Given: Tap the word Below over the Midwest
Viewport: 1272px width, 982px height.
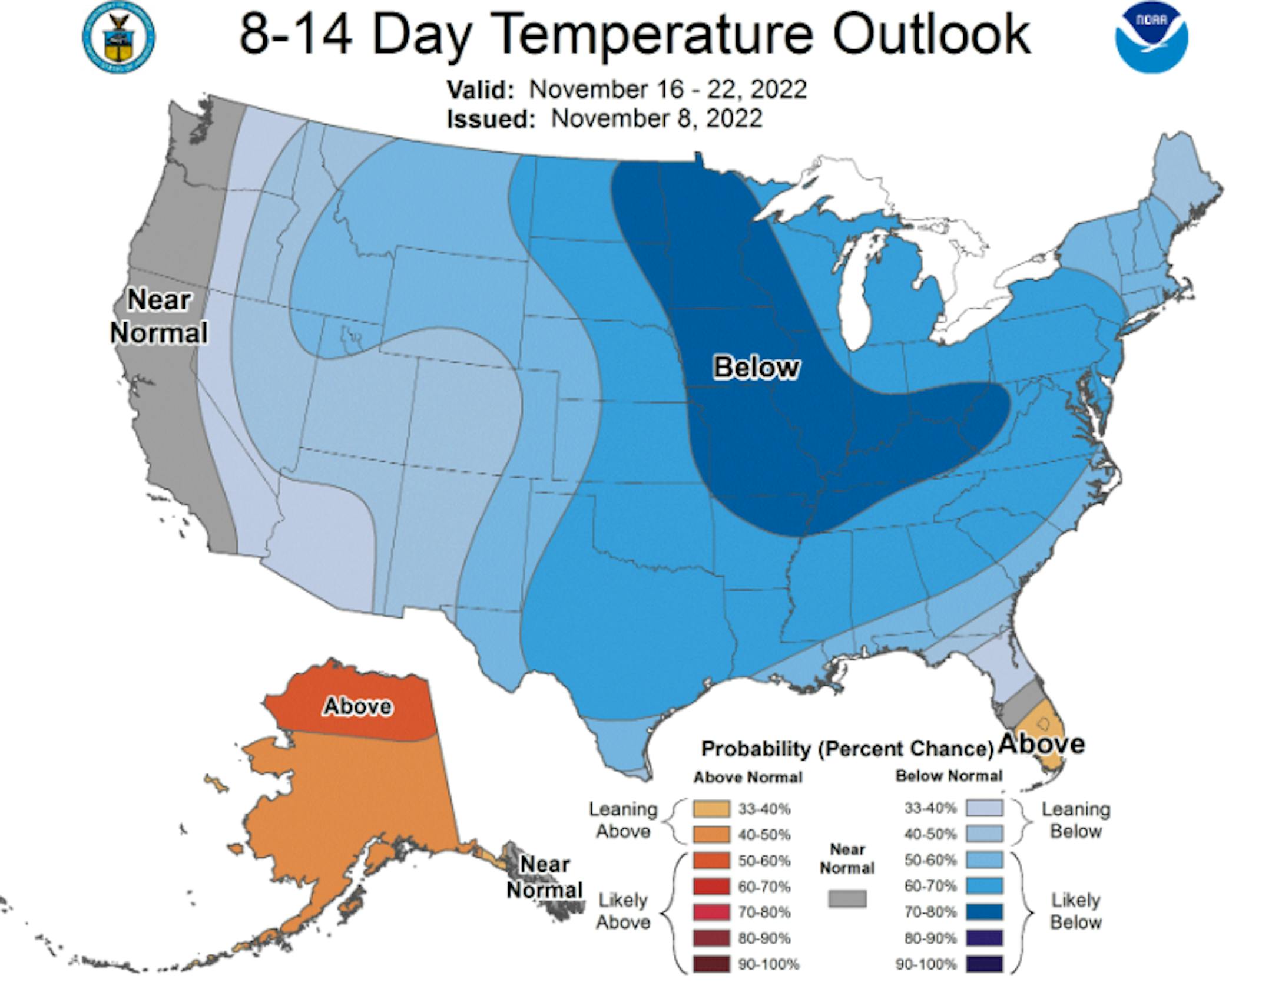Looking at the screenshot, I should [756, 367].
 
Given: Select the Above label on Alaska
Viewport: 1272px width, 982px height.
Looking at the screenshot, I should [357, 706].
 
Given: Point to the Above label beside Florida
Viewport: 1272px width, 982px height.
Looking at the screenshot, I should [1042, 743].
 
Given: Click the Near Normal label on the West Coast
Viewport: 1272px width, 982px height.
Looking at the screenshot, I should [159, 316].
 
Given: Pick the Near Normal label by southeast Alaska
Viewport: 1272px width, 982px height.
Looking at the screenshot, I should [545, 877].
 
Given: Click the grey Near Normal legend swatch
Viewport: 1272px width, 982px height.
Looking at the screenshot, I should [847, 898].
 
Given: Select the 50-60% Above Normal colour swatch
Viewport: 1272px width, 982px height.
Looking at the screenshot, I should [711, 861].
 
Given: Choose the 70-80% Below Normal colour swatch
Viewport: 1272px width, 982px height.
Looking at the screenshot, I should [984, 912].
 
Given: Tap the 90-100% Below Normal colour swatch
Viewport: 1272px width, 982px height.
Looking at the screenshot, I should [984, 964].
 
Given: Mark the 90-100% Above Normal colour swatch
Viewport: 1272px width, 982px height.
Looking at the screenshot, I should [711, 964].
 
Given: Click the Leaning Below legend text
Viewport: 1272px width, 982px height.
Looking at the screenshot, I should [1075, 820].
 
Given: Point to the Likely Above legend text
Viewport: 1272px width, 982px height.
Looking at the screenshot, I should [623, 911].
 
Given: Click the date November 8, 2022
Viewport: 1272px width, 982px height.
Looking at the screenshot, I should [657, 118].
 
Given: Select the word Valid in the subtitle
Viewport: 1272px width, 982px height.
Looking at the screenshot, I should [480, 90].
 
